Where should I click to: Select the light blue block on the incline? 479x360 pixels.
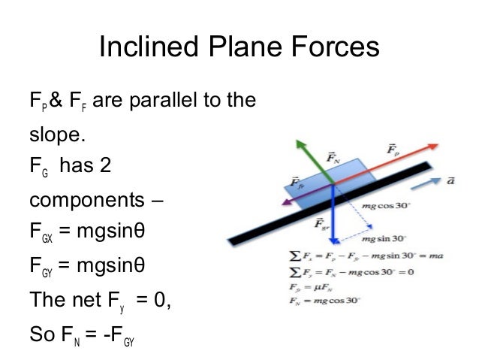323,179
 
